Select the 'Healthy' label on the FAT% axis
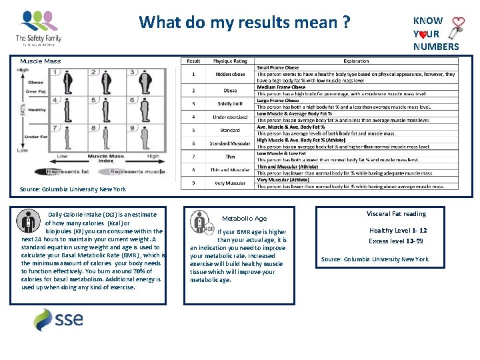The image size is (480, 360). tap(37, 110)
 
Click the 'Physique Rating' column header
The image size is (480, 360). tap(230, 61)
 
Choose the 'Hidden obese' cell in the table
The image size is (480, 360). tap(231, 74)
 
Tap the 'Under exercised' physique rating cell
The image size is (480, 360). tap(231, 117)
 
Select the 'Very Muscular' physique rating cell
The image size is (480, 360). tap(230, 183)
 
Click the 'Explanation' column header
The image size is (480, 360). tap(357, 61)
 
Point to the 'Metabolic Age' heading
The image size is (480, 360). tap(244, 219)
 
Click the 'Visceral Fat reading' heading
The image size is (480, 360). tap(396, 214)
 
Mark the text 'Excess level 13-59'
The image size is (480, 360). tap(397, 241)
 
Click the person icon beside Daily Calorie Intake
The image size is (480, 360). tap(28, 220)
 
